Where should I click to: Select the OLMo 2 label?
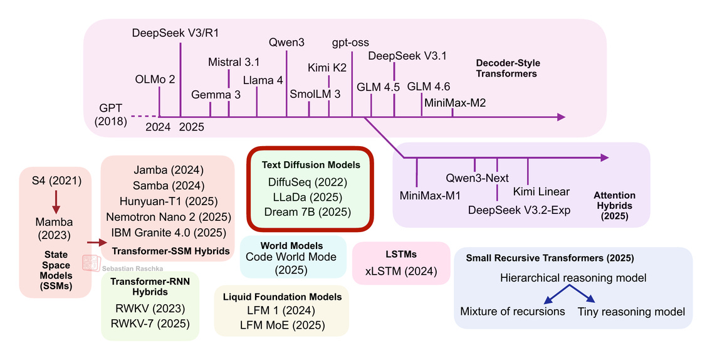pos(155,80)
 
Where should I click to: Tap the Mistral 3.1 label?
pos(234,62)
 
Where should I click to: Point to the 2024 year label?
pos(157,127)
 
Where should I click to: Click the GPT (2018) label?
pos(110,114)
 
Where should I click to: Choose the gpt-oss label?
pos(351,43)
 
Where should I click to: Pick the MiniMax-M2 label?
pos(455,102)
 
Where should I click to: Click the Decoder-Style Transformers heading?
pos(508,68)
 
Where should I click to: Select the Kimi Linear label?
pos(541,191)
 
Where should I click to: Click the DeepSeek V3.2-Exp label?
pos(519,209)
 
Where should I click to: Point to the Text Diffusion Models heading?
pos(310,165)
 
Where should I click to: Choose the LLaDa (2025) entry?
pos(310,196)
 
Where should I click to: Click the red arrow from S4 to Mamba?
pos(56,200)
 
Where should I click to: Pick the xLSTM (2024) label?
pos(401,272)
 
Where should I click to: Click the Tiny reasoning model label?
pos(631,311)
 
